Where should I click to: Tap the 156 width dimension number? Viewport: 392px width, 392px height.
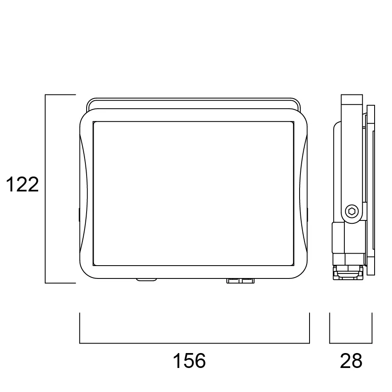coord(189,361)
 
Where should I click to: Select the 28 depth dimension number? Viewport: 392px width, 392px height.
coord(351,361)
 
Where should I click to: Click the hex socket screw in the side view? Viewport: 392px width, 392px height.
coord(352,211)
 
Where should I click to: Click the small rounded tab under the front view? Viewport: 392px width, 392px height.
coord(146,280)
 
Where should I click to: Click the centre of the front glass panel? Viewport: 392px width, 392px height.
coord(194,194)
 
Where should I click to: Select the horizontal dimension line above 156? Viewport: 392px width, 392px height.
coord(194,343)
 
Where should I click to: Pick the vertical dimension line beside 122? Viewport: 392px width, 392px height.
coord(46,189)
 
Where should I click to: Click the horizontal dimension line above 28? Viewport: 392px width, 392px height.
coord(351,343)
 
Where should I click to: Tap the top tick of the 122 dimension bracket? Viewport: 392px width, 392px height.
coord(60,95)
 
